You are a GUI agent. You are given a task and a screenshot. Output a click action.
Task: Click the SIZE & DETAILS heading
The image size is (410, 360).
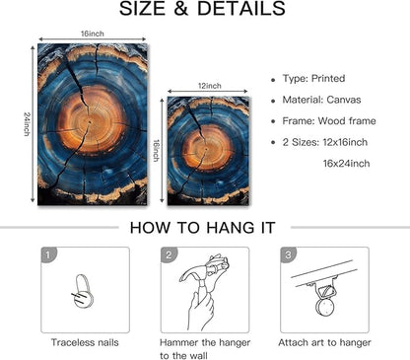(x=202, y=9)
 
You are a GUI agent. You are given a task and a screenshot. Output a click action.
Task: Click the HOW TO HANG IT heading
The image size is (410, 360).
(x=202, y=228)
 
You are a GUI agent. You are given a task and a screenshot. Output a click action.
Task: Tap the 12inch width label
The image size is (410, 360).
(x=210, y=86)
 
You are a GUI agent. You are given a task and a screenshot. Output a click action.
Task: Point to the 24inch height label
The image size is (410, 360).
(x=27, y=124)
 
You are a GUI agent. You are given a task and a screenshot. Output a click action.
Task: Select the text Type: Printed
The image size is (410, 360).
(x=313, y=79)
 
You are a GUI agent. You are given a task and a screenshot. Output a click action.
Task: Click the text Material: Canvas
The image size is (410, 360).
(x=321, y=100)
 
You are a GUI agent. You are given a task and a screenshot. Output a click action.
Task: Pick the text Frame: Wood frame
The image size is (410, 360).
(x=329, y=121)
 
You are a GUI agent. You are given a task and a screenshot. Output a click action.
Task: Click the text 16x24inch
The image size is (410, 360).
(x=346, y=164)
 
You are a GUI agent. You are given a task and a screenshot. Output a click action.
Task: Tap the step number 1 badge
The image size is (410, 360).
(x=48, y=255)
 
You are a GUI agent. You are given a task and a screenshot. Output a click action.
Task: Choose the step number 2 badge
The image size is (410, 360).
(x=169, y=255)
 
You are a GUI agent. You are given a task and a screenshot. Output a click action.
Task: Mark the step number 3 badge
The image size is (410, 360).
(x=288, y=255)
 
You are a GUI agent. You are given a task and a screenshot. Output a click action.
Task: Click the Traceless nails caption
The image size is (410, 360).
(x=85, y=342)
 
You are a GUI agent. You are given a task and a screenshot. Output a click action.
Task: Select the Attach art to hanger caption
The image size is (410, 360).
(x=324, y=342)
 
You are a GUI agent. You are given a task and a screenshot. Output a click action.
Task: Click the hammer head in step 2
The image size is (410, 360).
(x=194, y=271)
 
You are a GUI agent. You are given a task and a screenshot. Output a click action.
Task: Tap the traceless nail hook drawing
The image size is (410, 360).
(x=84, y=292)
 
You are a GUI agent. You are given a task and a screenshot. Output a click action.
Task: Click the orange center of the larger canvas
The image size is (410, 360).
(x=91, y=122)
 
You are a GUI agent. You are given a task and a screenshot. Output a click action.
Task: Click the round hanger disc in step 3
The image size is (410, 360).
(x=324, y=306)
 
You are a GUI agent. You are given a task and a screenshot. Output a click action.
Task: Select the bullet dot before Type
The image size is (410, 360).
(x=273, y=80)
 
